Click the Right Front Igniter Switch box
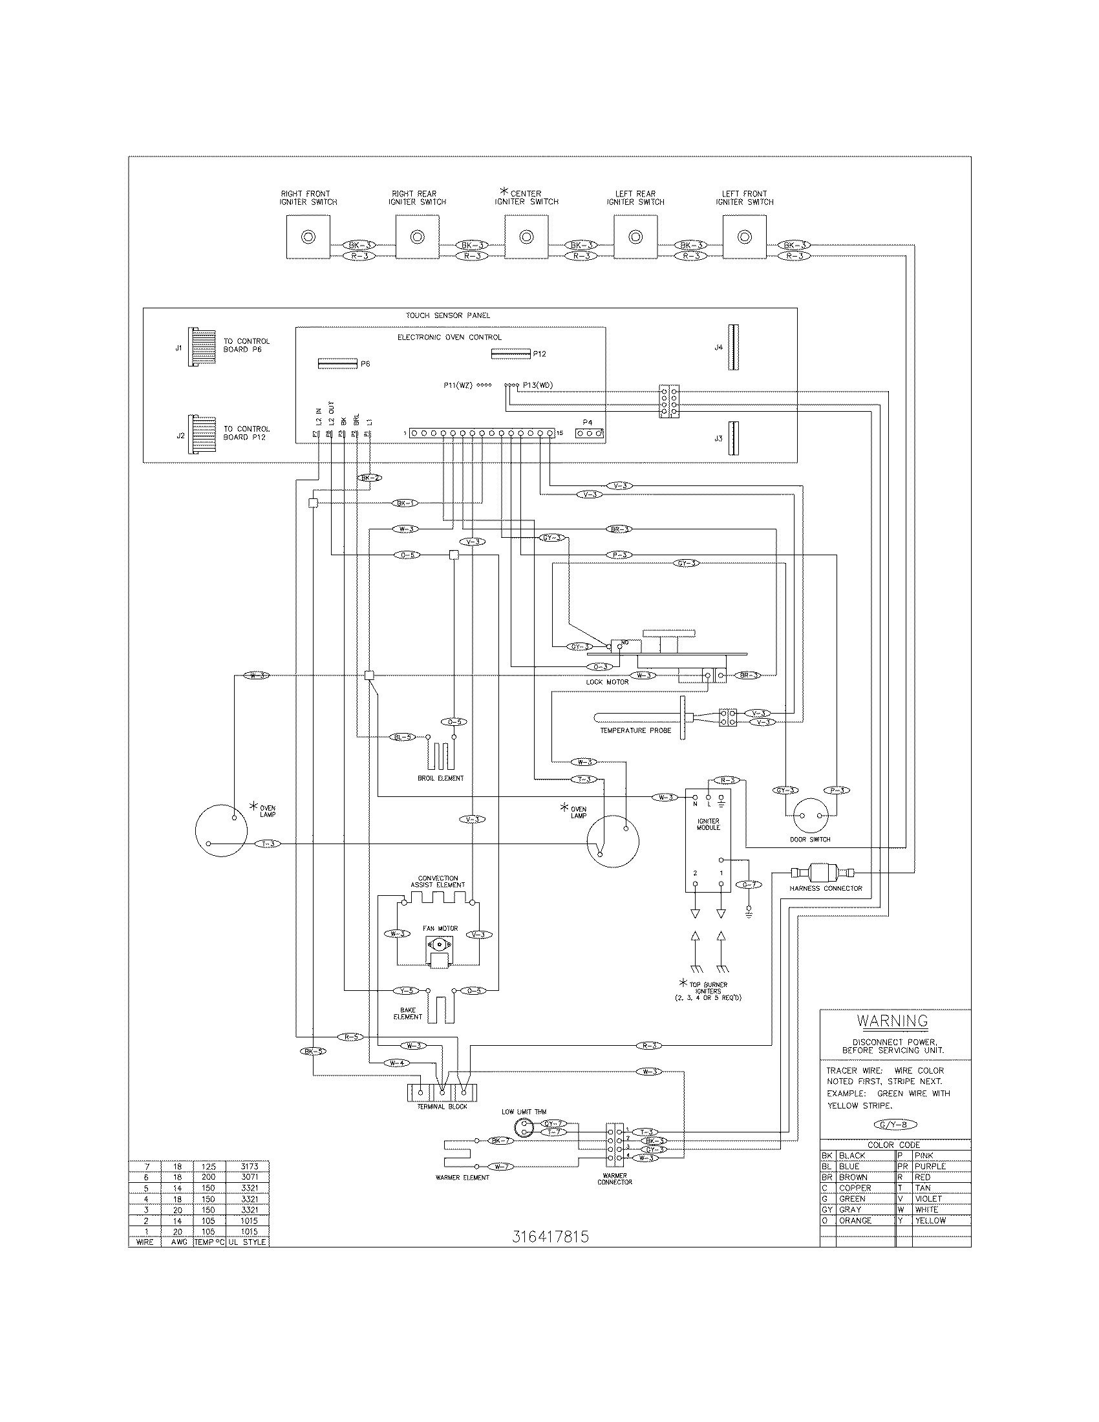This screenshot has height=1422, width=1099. coord(308,238)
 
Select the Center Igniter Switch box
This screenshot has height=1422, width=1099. coord(526,238)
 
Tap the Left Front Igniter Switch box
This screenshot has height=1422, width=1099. coord(744,238)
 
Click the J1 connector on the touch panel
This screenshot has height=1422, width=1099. coord(202,348)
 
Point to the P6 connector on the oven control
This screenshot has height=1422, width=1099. coord(337,363)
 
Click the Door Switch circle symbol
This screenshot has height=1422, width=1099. coord(811,816)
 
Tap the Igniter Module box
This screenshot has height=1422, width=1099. coord(708,840)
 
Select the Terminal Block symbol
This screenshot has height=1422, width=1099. coord(442,1092)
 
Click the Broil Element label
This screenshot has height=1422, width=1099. coord(441,778)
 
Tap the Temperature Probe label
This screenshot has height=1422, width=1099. coord(635,730)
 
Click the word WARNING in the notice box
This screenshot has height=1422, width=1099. coord(892,1021)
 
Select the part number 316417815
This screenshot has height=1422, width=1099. coord(550,1237)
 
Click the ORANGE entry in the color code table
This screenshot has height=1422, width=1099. coord(855,1220)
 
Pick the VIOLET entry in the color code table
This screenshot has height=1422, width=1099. coord(928,1198)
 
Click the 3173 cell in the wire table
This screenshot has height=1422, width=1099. coord(250,1166)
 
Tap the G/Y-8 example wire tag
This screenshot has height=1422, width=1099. coord(893,1125)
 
